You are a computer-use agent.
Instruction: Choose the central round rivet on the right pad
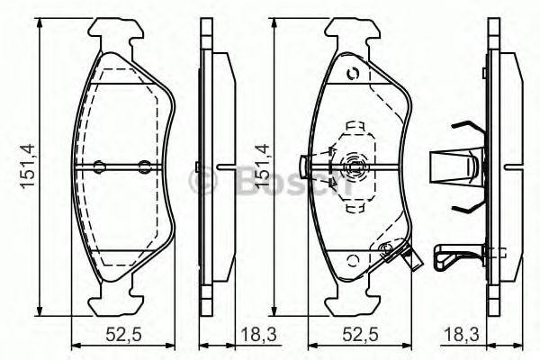coord(353,166)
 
